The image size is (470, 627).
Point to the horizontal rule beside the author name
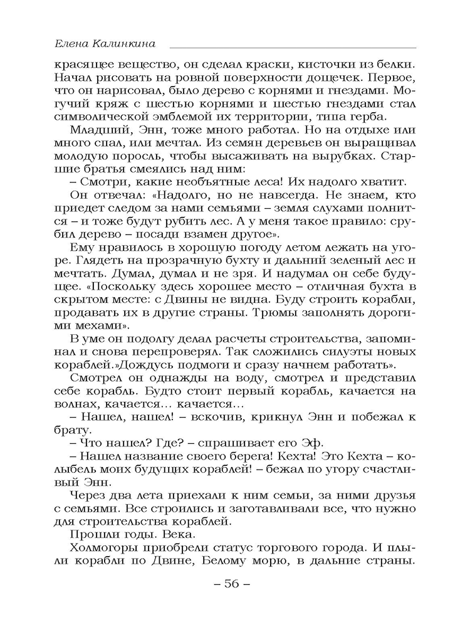(292, 47)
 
